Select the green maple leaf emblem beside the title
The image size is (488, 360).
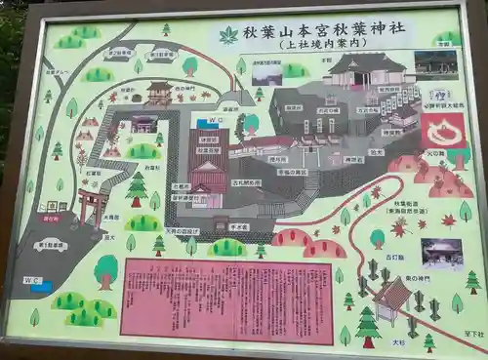click(228, 35)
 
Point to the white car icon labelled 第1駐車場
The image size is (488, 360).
click(51, 245)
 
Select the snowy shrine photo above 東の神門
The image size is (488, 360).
click(441, 252)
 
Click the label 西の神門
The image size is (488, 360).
click(184, 89)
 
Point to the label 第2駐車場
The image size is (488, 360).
click(120, 53)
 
